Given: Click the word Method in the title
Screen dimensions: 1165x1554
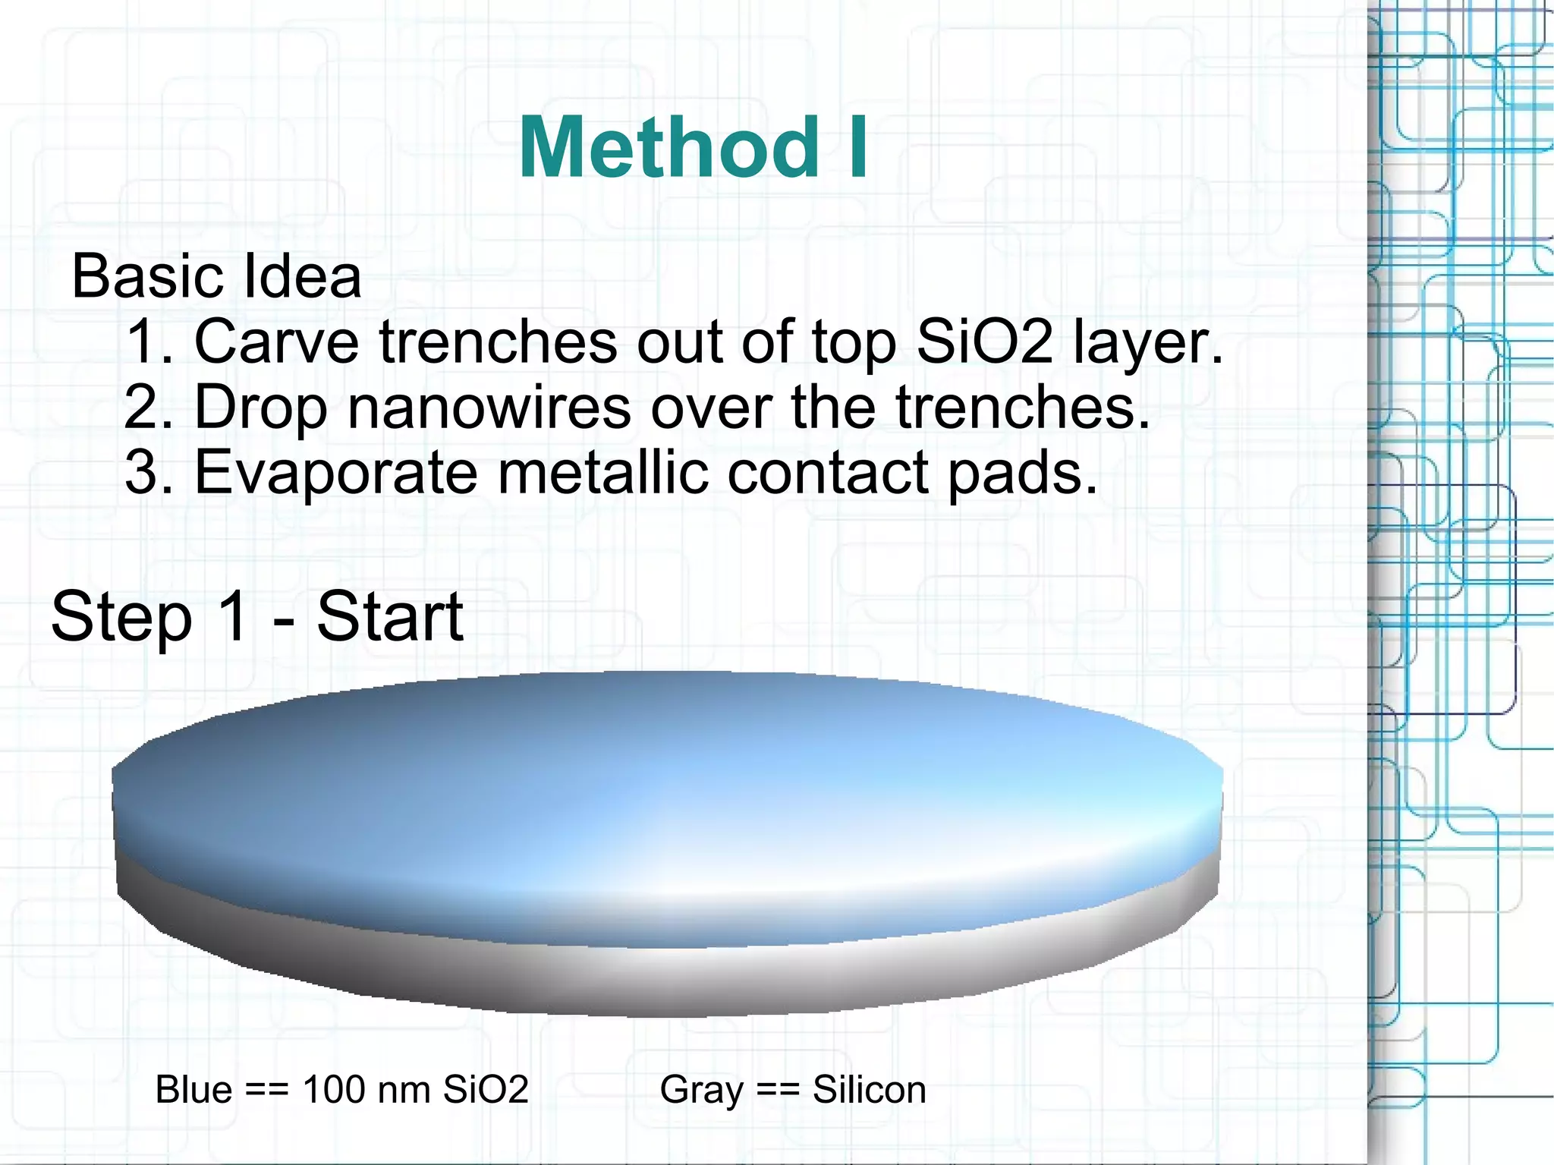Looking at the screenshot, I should point(668,148).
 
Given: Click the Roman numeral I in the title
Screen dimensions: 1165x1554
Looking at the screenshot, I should point(857,148).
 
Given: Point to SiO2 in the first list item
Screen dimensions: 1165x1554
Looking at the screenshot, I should point(984,342).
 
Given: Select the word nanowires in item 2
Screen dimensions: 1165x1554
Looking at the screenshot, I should point(489,407).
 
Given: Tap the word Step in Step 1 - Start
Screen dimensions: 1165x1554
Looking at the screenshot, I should point(121,618).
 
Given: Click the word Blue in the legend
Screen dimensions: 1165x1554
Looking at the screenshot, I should point(193,1090).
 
